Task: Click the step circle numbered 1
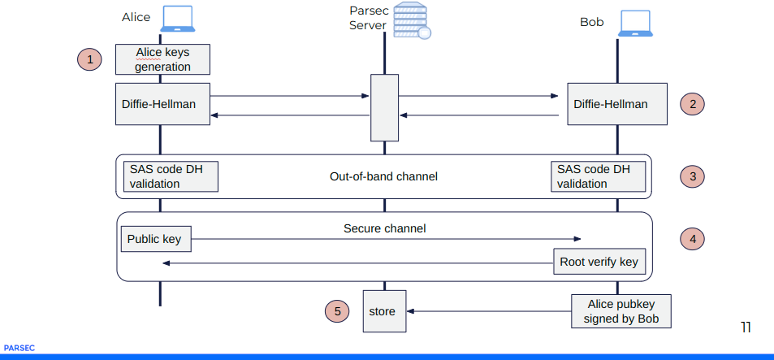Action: point(90,59)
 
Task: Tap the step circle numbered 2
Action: point(692,103)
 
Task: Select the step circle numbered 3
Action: point(692,176)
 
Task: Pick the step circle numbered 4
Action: point(692,239)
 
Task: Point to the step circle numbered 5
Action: point(337,310)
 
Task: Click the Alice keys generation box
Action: point(162,59)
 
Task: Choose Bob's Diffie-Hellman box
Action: point(617,103)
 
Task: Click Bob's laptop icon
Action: point(636,24)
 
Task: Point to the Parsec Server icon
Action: point(411,20)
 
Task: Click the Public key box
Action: point(156,240)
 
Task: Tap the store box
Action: point(383,310)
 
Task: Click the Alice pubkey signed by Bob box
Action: point(621,311)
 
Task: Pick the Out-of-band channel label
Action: point(383,176)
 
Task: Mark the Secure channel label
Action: point(384,228)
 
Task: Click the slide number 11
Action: point(745,327)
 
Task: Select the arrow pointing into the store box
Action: point(487,310)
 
